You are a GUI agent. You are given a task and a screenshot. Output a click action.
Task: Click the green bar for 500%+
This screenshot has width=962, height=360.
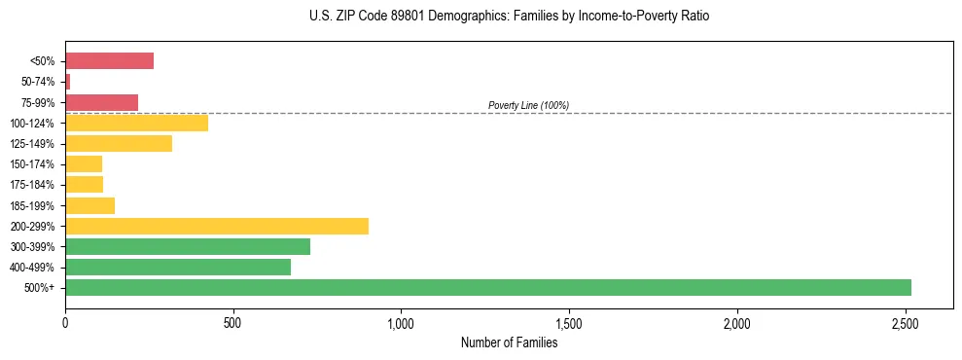pos(487,288)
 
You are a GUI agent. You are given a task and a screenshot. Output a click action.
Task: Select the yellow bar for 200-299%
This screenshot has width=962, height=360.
pos(217,226)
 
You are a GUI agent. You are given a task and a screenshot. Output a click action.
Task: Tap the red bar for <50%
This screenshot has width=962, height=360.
pos(109,61)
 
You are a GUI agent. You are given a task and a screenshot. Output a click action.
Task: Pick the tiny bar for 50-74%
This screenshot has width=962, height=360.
pos(67,82)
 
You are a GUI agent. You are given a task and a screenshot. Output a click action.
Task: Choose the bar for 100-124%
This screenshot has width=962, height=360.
pos(136,123)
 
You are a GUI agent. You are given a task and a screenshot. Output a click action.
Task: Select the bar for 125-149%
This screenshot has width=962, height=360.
pos(119,143)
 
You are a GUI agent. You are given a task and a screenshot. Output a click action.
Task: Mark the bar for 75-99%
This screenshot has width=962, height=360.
pos(101,102)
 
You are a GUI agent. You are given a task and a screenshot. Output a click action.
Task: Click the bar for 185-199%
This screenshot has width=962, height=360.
pos(89,205)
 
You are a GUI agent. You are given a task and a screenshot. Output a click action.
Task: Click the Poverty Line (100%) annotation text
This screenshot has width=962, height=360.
pos(528,105)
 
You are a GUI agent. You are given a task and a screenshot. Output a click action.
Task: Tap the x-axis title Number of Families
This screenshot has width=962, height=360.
pos(509,342)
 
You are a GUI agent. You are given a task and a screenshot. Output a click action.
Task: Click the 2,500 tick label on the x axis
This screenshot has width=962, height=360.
pos(906,321)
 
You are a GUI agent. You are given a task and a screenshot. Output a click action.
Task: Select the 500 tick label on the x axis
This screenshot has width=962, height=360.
pos(232,321)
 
